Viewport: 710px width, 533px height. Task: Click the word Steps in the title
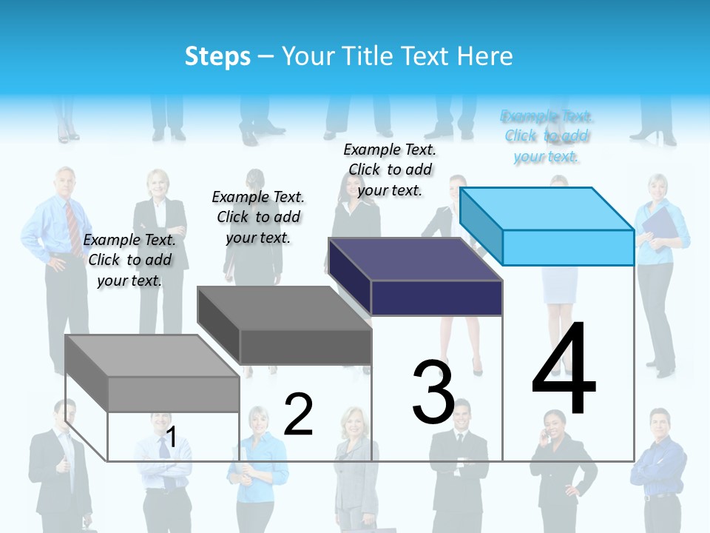[217, 56]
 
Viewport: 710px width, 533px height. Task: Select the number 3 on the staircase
[433, 392]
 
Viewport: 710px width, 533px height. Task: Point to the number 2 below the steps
[298, 415]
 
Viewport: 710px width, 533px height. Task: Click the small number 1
[171, 438]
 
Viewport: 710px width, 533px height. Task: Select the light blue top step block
[547, 226]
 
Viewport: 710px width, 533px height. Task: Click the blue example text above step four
[547, 136]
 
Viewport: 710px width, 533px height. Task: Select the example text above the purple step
[390, 170]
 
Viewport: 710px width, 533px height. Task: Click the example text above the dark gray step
[258, 217]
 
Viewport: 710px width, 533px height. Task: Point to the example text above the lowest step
[129, 260]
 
